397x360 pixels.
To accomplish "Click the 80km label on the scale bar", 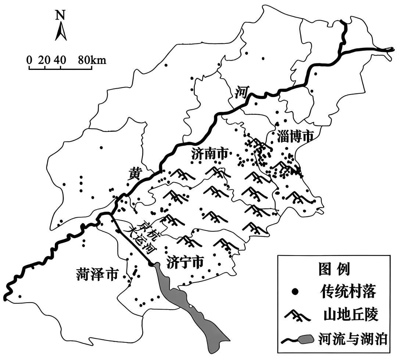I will tap(92, 60).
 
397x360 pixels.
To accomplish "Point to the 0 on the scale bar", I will tap(29, 60).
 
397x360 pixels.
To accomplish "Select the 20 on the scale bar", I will tap(44, 60).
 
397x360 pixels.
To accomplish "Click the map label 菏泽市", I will tap(97, 274).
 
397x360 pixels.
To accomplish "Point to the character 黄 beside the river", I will tap(135, 173).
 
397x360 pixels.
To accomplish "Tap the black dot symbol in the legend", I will tap(294, 292).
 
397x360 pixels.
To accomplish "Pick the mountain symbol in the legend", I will tap(298, 314).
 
